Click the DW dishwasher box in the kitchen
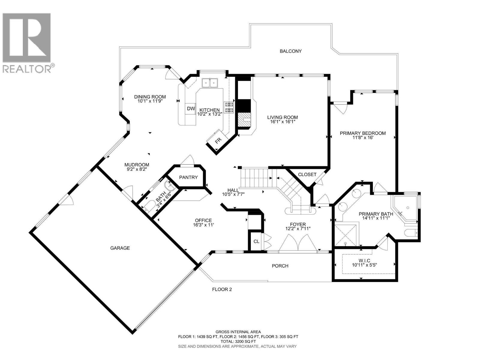(x=191, y=109)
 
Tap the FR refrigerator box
(x=218, y=140)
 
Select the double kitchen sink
(x=210, y=82)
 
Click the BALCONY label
(x=290, y=51)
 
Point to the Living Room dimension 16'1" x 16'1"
(x=283, y=122)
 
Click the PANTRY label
(x=188, y=177)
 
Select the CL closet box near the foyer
(x=256, y=241)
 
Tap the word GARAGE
(x=120, y=248)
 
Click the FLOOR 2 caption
(x=222, y=289)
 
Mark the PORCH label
(x=280, y=266)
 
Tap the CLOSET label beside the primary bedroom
(x=307, y=175)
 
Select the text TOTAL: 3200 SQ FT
(x=238, y=341)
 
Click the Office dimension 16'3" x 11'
(x=203, y=225)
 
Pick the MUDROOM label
(x=137, y=165)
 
